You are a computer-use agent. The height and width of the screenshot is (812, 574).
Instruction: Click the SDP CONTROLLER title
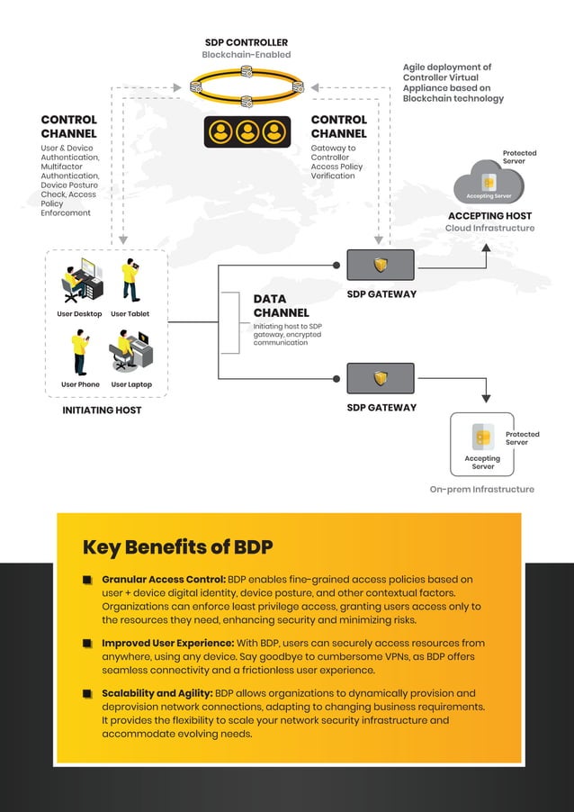point(246,42)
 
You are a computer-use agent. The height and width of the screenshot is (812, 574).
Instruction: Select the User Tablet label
point(130,314)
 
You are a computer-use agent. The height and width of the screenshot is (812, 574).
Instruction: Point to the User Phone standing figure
point(80,353)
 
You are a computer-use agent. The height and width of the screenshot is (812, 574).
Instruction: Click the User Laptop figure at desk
point(131,351)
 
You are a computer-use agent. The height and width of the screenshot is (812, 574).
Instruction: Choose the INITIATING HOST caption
point(102,411)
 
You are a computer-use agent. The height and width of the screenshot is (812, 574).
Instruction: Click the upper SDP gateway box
point(381,265)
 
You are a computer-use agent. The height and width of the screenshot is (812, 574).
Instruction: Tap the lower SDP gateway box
point(381,378)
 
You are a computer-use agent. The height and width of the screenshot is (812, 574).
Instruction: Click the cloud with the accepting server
point(489,183)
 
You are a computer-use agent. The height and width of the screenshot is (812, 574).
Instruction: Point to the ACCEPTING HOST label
point(489,216)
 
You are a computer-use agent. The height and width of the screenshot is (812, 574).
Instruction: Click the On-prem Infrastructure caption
point(481,490)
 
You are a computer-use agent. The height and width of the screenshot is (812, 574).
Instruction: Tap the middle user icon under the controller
point(247,132)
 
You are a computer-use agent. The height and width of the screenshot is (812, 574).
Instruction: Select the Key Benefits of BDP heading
point(177,547)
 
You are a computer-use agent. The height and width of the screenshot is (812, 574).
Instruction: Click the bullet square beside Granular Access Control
point(88,580)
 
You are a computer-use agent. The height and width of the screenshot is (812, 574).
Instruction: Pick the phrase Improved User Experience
point(166,644)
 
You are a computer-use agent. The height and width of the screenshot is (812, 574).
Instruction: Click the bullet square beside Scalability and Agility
point(88,694)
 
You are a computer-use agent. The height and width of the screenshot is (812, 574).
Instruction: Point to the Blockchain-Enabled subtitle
point(246,55)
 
